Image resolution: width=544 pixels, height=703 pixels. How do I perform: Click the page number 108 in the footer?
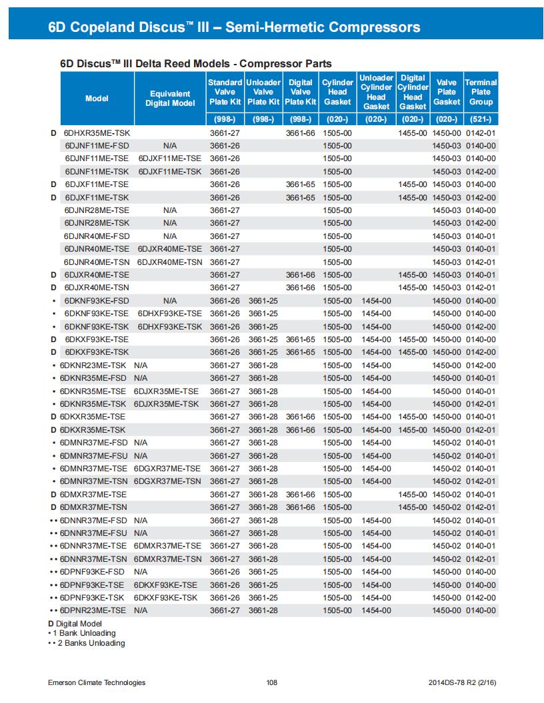click(271, 682)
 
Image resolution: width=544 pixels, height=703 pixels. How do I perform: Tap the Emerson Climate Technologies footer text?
click(97, 682)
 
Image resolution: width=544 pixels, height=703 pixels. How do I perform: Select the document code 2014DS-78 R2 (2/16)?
click(462, 682)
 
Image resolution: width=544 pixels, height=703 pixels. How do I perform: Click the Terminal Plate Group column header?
click(481, 92)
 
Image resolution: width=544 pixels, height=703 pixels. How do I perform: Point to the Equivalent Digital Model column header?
click(170, 99)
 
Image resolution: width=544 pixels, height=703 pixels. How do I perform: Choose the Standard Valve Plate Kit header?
click(225, 92)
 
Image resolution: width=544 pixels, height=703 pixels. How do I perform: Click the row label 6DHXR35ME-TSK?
click(97, 133)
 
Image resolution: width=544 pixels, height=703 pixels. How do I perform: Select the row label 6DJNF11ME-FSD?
click(97, 146)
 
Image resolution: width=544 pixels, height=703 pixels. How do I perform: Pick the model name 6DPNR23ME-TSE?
click(93, 610)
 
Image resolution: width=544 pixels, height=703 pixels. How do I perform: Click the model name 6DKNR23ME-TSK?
click(93, 365)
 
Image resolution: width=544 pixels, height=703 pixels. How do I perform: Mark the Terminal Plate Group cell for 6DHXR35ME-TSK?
click(481, 133)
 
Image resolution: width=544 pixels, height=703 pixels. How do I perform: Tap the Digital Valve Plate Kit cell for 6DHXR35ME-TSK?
click(300, 133)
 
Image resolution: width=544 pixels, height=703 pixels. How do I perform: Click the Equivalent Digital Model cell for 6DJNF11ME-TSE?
click(170, 158)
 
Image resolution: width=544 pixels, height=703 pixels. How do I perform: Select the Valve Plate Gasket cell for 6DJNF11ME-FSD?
click(447, 146)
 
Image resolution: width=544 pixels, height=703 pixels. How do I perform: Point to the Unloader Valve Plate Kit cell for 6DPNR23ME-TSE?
click(263, 610)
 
